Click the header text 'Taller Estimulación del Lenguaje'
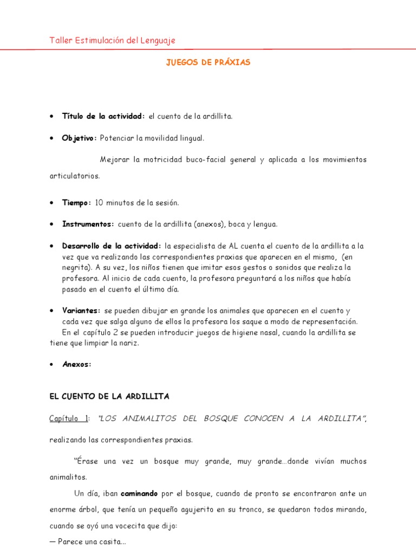112,41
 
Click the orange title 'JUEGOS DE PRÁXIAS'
208,62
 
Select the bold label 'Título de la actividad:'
104,117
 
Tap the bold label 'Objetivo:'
79,138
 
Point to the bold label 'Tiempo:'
77,202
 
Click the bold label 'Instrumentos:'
88,224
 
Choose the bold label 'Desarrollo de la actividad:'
112,246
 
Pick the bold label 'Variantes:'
81,311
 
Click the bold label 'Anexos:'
77,364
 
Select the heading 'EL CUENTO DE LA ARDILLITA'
109,396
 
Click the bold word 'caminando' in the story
139,494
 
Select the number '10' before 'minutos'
99,202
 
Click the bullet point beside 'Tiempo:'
51,203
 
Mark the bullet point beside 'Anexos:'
51,365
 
